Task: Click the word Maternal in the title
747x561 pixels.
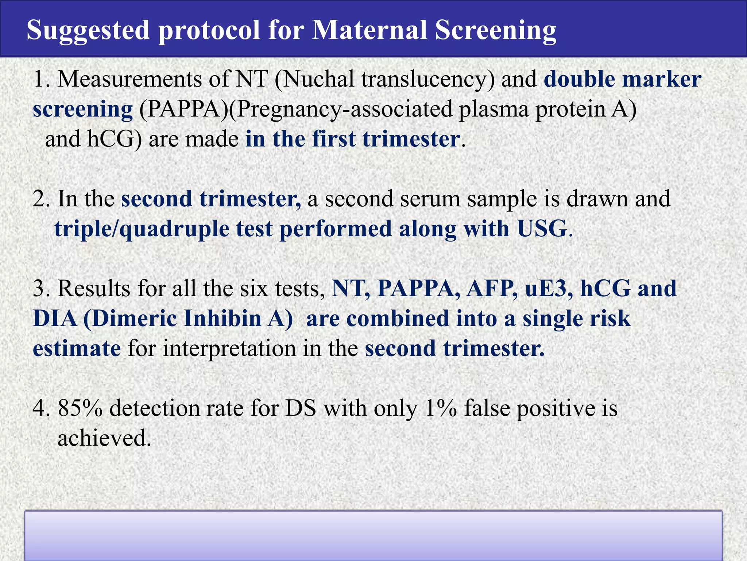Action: [x=369, y=30]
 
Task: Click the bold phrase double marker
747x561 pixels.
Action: [x=622, y=79]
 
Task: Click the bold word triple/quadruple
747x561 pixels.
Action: [x=142, y=230]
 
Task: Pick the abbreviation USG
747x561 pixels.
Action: [x=542, y=229]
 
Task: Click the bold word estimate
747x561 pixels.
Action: [x=77, y=348]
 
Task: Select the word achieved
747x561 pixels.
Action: [x=104, y=438]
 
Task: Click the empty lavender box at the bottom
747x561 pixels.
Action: [x=373, y=535]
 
